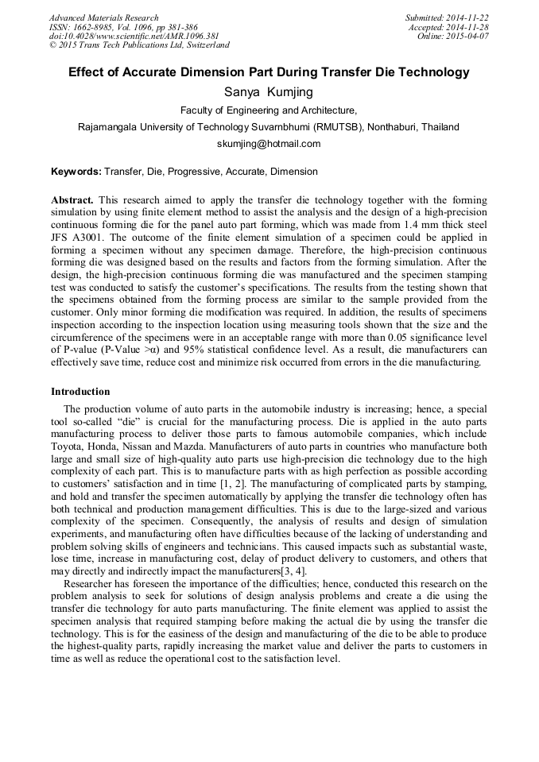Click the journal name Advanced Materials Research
coord(103,17)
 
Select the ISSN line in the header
coord(123,27)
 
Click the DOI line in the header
coord(134,36)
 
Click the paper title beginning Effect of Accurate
coord(269,72)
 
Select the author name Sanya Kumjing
coord(269,92)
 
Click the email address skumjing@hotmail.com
coord(269,144)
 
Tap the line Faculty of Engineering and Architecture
coord(269,110)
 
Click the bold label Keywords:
coord(76,172)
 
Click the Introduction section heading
coord(80,392)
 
